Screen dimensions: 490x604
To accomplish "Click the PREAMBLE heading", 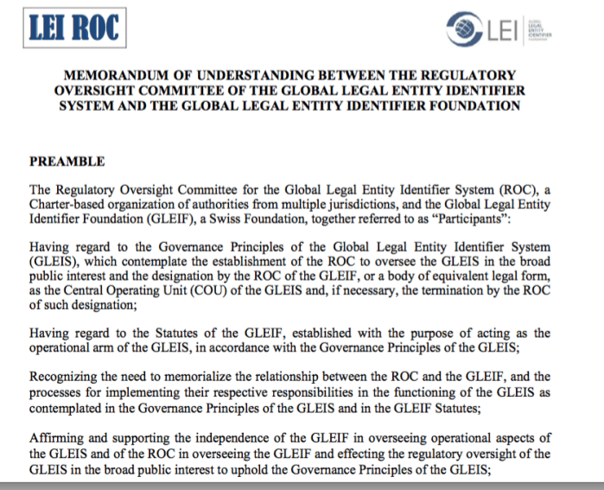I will pyautogui.click(x=67, y=162).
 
